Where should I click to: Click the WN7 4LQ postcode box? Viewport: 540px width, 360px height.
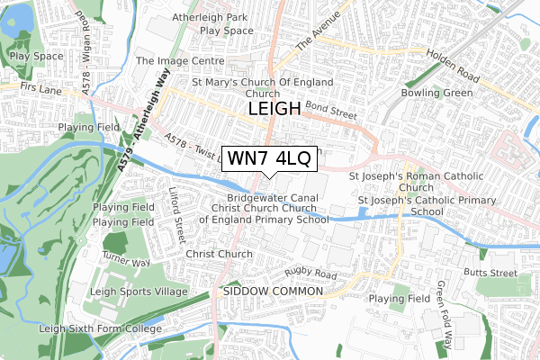point(269,159)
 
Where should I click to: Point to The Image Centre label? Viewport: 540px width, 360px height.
point(179,61)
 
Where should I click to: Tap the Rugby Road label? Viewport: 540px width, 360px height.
point(310,274)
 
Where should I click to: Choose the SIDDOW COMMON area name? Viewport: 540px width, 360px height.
point(273,292)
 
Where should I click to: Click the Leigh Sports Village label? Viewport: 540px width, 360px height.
point(139,292)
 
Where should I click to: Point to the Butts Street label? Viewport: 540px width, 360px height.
point(491,272)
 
